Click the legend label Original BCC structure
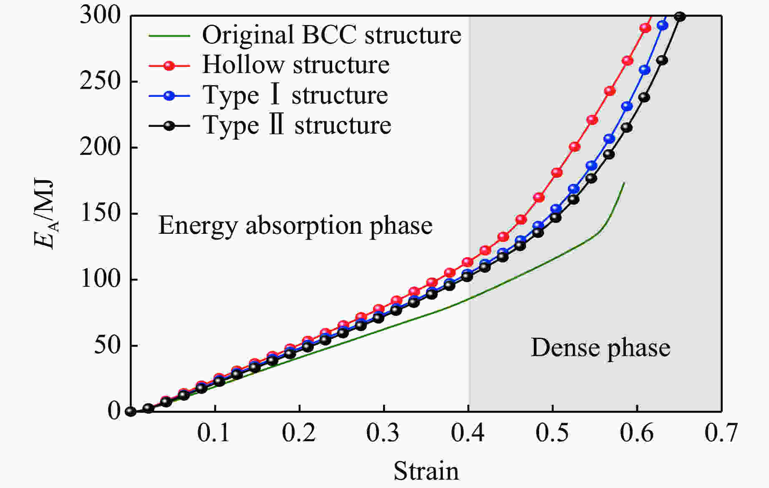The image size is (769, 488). pos(332,35)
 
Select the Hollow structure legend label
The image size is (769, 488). pos(296,65)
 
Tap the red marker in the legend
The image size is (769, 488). pos(169,66)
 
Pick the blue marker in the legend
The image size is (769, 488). pos(169,96)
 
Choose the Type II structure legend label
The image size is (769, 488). pos(297,125)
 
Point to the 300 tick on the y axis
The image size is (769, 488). pos(100,16)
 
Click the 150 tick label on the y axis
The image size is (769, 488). pos(100,213)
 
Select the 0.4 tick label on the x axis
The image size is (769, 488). pos(468,433)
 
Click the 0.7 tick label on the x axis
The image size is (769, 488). pos(721,433)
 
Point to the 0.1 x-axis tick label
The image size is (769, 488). pos(214,433)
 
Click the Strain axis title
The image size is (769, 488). pos(426,471)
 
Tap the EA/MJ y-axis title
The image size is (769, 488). pos(45,214)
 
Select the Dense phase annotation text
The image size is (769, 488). pos(600,348)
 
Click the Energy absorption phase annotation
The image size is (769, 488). pos(295,225)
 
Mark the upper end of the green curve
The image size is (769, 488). pos(624,183)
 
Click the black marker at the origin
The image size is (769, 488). pos(131,412)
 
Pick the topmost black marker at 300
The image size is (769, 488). pos(680,17)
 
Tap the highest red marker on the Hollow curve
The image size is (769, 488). pos(645,28)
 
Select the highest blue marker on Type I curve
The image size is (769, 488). pos(663,25)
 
